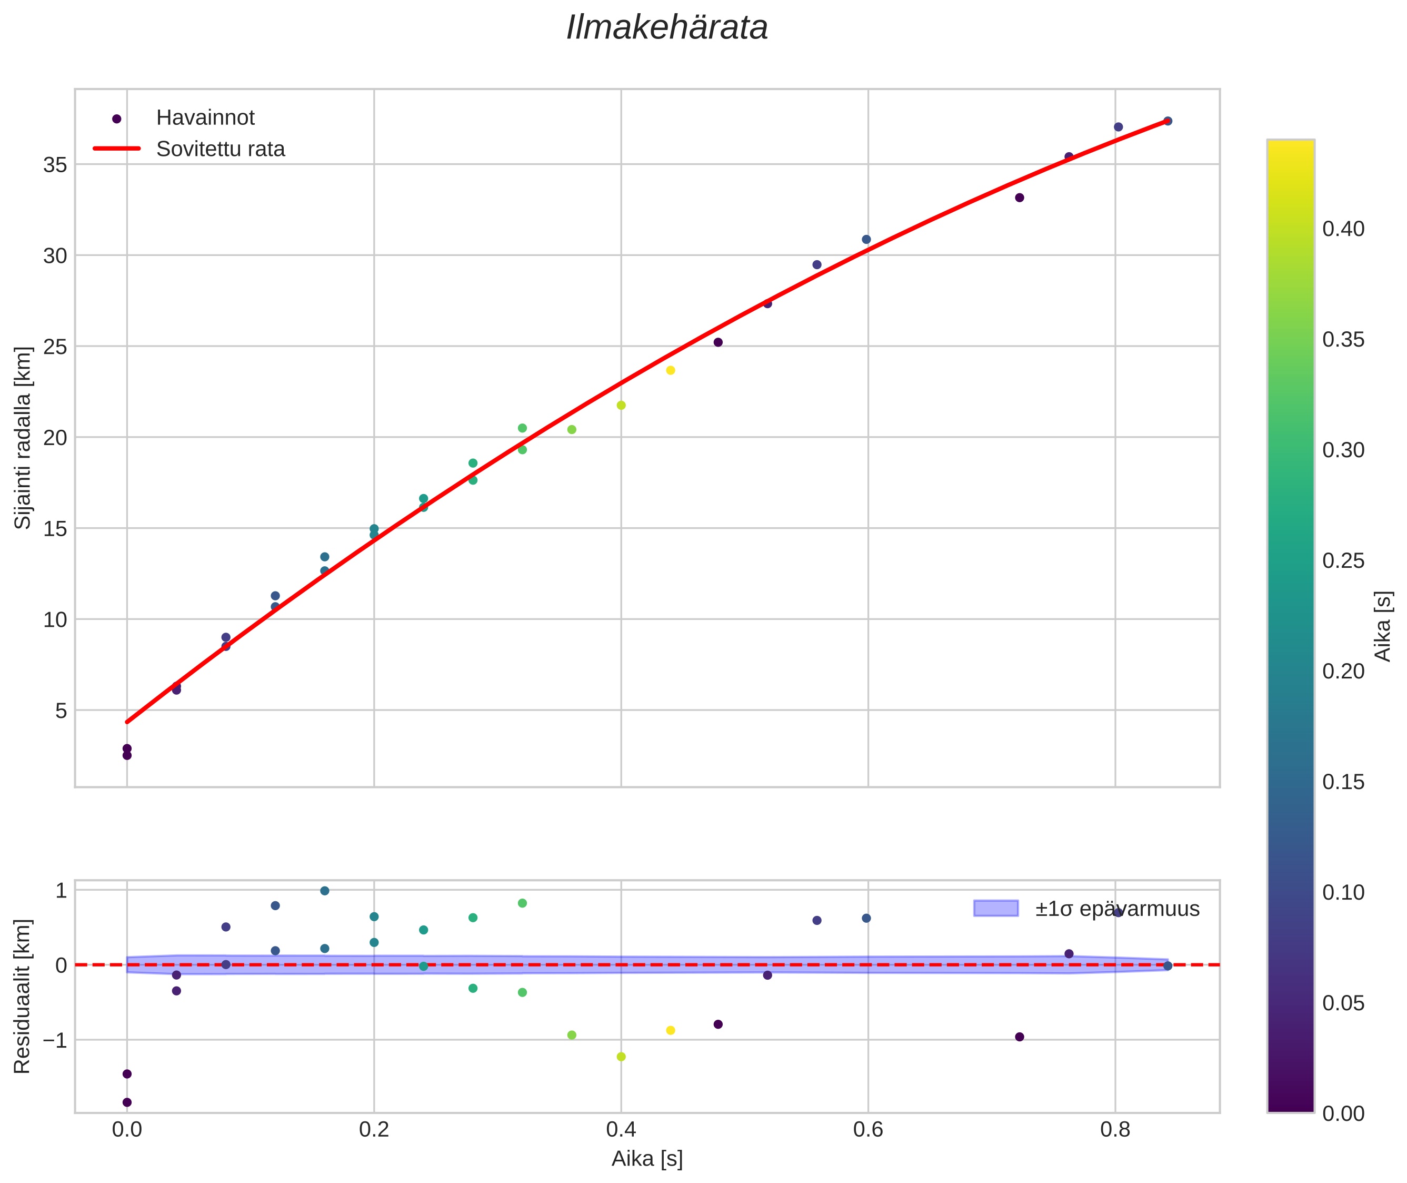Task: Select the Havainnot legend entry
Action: pyautogui.click(x=205, y=118)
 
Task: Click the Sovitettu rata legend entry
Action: pyautogui.click(x=221, y=149)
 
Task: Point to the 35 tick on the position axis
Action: pyautogui.click(x=55, y=165)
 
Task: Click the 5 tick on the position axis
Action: pyautogui.click(x=61, y=710)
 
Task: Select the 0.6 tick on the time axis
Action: pyautogui.click(x=867, y=1130)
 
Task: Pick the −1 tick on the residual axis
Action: pyautogui.click(x=52, y=1040)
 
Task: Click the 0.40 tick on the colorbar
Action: pyautogui.click(x=1343, y=229)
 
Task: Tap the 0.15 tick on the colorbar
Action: pyautogui.click(x=1343, y=782)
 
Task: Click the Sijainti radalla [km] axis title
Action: pyautogui.click(x=24, y=437)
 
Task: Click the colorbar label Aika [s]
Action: pyautogui.click(x=1383, y=626)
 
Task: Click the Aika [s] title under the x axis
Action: pyautogui.click(x=647, y=1159)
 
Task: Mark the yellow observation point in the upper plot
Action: pyautogui.click(x=670, y=370)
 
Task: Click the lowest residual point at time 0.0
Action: pyautogui.click(x=127, y=1102)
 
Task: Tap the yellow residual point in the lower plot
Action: pyautogui.click(x=670, y=1030)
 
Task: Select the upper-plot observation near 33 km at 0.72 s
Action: pyautogui.click(x=1020, y=198)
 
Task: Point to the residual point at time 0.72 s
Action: pyautogui.click(x=1020, y=1037)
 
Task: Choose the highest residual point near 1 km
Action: pyautogui.click(x=324, y=891)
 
